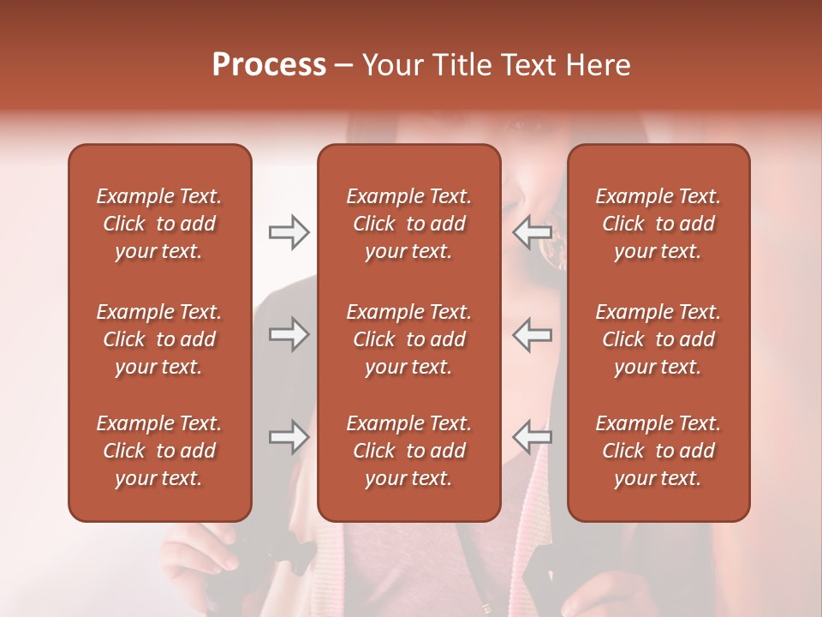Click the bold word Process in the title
269,65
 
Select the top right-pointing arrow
289,231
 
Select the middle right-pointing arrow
289,334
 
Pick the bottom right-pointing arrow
289,437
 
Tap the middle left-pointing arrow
533,334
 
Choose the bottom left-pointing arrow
533,437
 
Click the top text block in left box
159,224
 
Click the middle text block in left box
159,339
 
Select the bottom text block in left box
159,451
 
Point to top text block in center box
408,224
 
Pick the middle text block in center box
408,339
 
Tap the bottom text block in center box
408,451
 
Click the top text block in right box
658,224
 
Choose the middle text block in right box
658,339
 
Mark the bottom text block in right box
658,451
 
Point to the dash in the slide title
344,66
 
